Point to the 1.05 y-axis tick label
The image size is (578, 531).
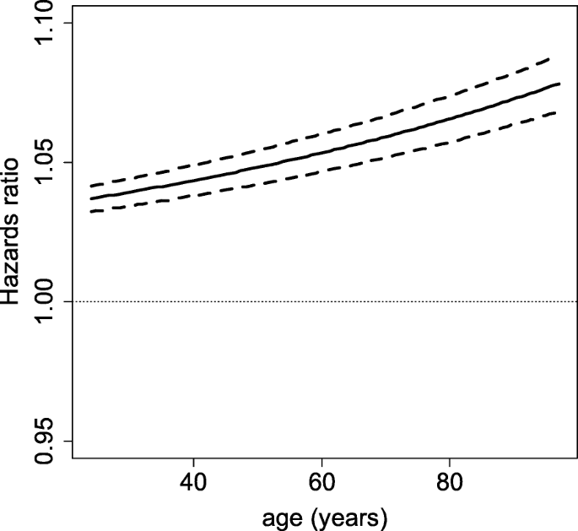[45, 162]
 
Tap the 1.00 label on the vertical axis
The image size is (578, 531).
[45, 301]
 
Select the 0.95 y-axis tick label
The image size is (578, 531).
[45, 440]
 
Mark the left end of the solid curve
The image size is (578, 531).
[90, 199]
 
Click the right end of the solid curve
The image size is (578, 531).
[559, 84]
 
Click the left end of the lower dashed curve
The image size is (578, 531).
[90, 211]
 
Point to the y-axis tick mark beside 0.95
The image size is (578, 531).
[68, 440]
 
